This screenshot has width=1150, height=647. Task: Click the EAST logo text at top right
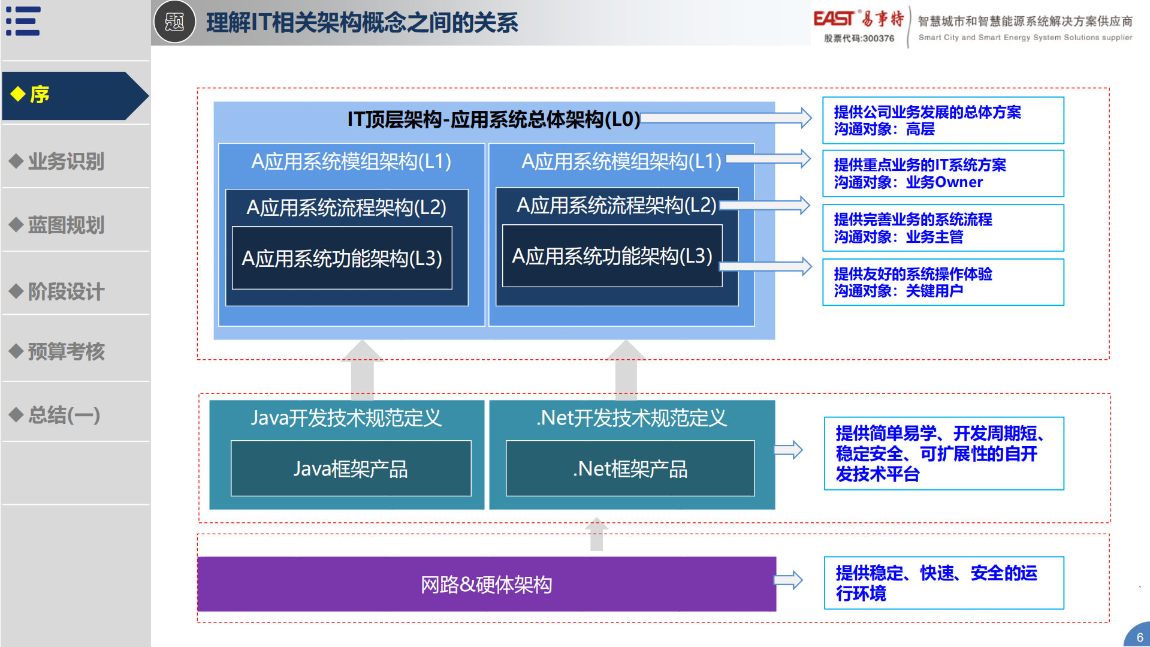pyautogui.click(x=833, y=19)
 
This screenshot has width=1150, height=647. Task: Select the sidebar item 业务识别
pyautogui.click(x=66, y=161)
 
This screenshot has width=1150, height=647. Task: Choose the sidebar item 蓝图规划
pyautogui.click(x=66, y=225)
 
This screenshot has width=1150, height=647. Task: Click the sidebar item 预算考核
pyautogui.click(x=66, y=351)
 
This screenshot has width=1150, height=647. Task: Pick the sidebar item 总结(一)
pyautogui.click(x=64, y=415)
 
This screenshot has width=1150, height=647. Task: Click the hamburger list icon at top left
pyautogui.click(x=23, y=22)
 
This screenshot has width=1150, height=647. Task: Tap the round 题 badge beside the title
pyautogui.click(x=174, y=22)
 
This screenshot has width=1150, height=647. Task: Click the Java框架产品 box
pyautogui.click(x=351, y=468)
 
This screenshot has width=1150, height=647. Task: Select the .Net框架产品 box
pyautogui.click(x=630, y=468)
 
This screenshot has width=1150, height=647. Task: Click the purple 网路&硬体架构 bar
pyautogui.click(x=486, y=584)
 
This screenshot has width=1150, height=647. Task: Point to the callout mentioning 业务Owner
pyautogui.click(x=943, y=173)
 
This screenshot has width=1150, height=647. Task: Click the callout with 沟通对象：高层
pyautogui.click(x=943, y=121)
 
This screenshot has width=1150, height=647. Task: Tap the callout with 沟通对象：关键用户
pyautogui.click(x=943, y=282)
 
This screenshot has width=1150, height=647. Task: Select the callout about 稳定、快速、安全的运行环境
pyautogui.click(x=943, y=583)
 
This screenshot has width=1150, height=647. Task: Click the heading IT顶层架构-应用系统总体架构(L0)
pyautogui.click(x=494, y=119)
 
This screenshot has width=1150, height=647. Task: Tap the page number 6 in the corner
pyautogui.click(x=1139, y=637)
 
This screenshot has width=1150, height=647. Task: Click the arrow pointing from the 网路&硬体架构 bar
pyautogui.click(x=789, y=580)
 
